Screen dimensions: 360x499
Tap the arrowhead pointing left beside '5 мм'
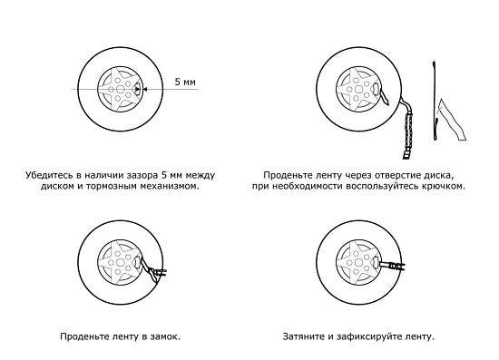(144, 90)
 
